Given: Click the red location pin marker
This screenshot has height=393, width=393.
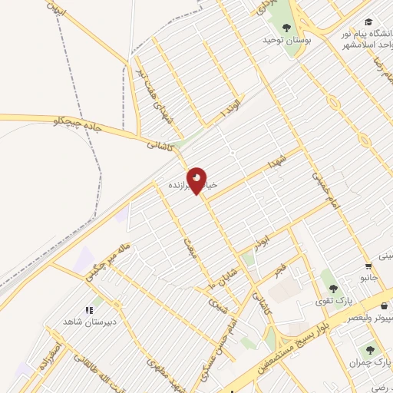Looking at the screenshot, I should tap(197, 180).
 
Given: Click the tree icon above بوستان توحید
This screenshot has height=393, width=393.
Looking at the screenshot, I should tap(286, 27).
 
